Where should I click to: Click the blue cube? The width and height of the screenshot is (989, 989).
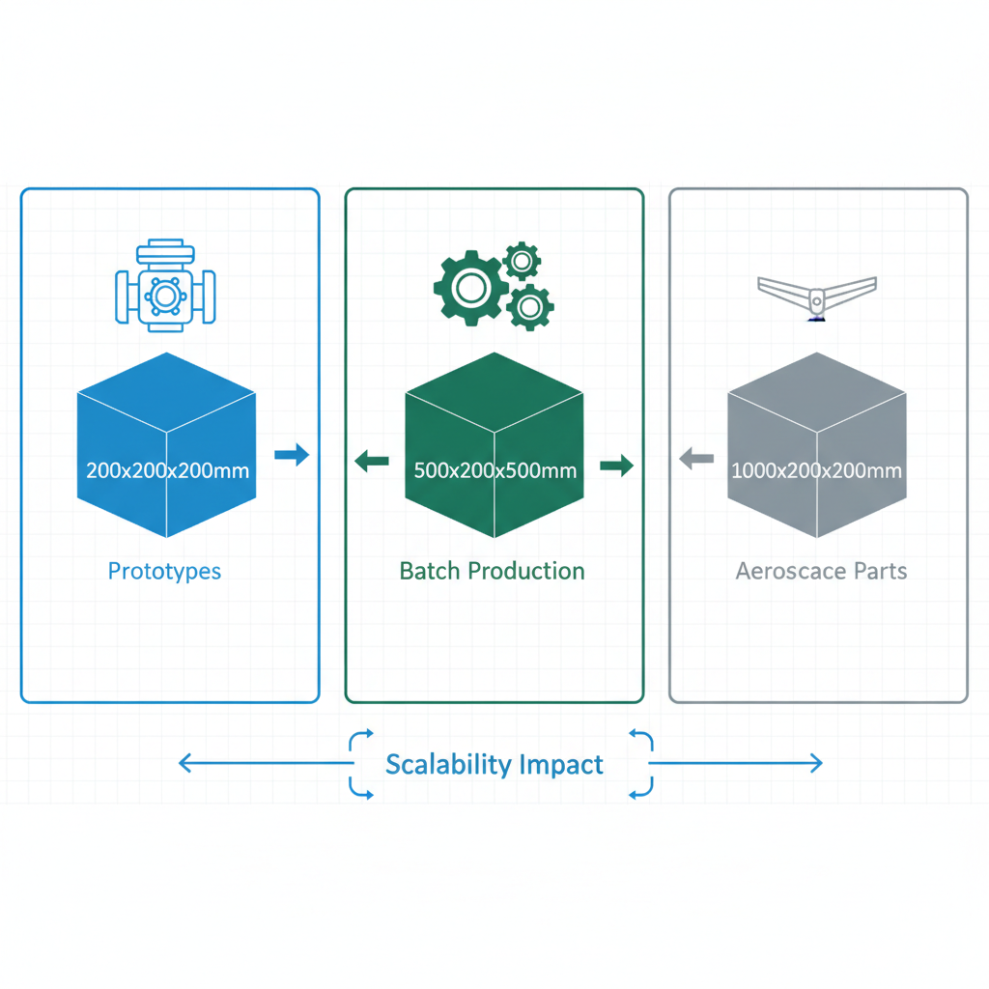(166, 415)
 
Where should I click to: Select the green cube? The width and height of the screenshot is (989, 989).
(494, 415)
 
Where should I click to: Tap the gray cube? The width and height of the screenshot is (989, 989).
(817, 415)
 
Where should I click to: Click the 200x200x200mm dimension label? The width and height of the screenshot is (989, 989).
(167, 471)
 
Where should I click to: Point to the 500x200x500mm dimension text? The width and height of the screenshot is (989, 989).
(494, 471)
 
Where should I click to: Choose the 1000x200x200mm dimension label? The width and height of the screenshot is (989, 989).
(817, 471)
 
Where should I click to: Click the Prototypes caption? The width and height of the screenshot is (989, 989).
(164, 572)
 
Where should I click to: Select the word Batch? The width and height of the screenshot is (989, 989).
(430, 571)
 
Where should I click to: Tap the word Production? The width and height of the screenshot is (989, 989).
(526, 571)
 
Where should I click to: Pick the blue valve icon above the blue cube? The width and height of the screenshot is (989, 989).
(165, 289)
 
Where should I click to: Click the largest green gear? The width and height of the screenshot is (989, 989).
(470, 287)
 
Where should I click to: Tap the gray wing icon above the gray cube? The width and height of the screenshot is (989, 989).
(817, 294)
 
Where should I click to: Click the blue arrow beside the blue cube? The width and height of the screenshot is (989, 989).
(292, 454)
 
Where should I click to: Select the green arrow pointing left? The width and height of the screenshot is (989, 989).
(372, 463)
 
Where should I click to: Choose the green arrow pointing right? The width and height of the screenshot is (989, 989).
(616, 466)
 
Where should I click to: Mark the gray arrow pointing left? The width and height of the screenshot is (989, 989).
(696, 459)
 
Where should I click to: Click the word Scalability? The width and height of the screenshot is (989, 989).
(448, 765)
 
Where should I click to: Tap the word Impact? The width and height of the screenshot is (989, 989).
(561, 765)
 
